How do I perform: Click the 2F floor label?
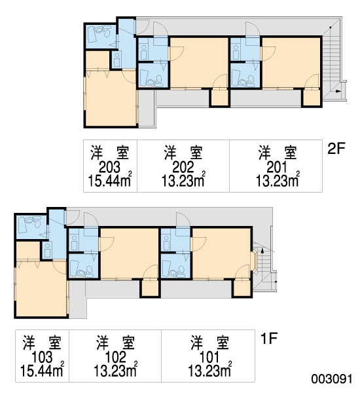click(336, 148)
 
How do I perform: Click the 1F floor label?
click(269, 338)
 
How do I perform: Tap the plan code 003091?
click(332, 379)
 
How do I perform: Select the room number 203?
click(109, 167)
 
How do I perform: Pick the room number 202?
click(183, 167)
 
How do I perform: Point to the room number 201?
click(277, 167)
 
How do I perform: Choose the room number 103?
click(42, 357)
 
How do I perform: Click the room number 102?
click(115, 357)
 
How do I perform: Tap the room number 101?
click(209, 357)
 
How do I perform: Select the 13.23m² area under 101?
click(209, 369)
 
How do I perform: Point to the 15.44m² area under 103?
click(42, 369)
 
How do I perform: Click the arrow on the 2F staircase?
click(338, 91)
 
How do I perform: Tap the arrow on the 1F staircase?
click(262, 250)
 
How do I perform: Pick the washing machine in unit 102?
click(74, 242)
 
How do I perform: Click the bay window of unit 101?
click(253, 261)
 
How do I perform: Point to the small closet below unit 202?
click(219, 98)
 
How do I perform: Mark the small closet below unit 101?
click(242, 288)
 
